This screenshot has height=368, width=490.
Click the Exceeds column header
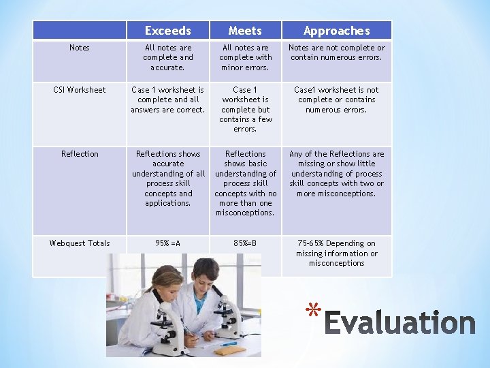point(167,31)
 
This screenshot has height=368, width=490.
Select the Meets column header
point(245,31)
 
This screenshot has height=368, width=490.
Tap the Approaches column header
point(336,31)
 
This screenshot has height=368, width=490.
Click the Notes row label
point(80,48)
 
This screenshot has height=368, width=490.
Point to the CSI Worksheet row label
point(80,90)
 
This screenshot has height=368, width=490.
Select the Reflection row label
point(80,154)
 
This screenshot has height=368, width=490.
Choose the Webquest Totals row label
point(80,243)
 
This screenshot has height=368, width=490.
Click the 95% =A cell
point(167,243)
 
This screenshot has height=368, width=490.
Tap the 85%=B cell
point(245,243)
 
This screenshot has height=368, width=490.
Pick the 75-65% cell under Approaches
point(336,253)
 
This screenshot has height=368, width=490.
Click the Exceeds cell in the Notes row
point(167,58)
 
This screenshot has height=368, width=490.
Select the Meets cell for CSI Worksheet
point(245,109)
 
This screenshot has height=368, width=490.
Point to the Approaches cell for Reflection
point(336,174)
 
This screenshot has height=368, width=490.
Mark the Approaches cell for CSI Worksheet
point(336,99)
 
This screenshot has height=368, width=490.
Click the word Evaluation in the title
point(399,323)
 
